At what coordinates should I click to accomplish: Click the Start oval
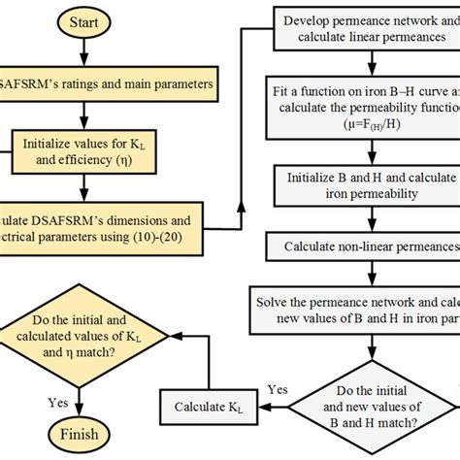pyautogui.click(x=82, y=20)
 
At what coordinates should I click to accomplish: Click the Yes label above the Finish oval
pyautogui.click(x=57, y=399)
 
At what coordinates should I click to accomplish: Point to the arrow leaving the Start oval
pyautogui.click(x=82, y=52)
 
